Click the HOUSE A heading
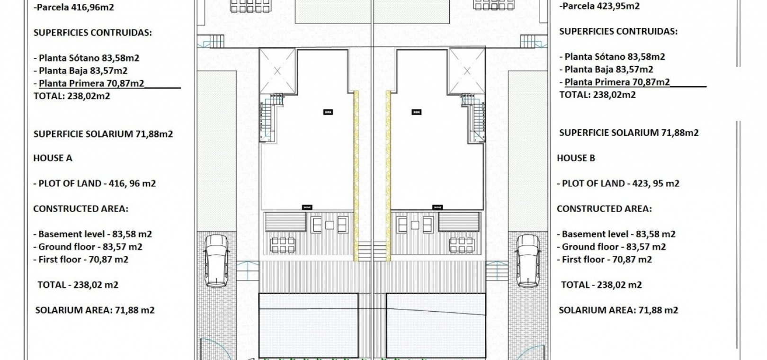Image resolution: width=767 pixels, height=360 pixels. tap(53, 158)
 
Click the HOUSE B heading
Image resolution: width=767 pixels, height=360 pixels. tap(576, 158)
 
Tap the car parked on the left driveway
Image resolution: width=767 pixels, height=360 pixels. tap(216, 261)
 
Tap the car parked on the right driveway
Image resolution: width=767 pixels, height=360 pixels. tap(528, 261)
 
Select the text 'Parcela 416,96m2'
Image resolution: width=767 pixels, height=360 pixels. tap(75, 7)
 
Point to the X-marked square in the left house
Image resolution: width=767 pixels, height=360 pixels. tap(277, 71)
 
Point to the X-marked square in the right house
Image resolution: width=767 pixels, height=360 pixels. tap(467, 71)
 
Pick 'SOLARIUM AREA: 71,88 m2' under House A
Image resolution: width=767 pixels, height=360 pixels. tap(95, 310)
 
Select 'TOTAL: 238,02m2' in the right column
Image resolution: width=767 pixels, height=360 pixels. tap(597, 95)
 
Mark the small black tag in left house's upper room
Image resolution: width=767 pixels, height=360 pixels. tap(328, 112)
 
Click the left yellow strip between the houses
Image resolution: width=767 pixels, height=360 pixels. tap(356, 176)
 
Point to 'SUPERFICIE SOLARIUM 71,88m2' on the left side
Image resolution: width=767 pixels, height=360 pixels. tap(103, 134)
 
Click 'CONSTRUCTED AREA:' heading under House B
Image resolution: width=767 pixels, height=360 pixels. tap(604, 208)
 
